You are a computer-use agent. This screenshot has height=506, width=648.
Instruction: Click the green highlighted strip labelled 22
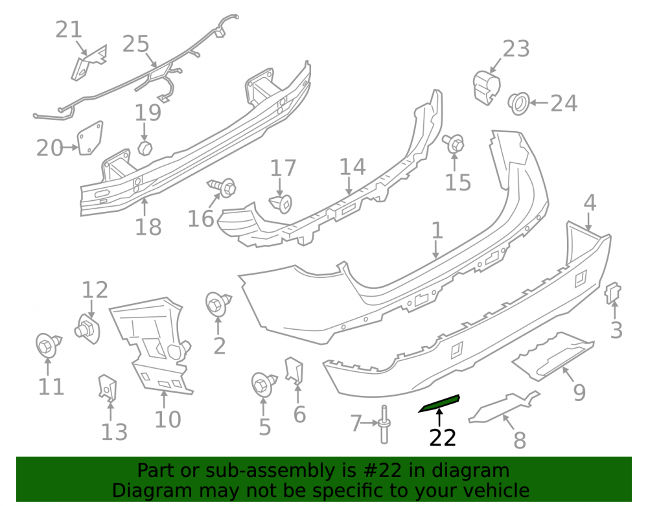click(x=439, y=403)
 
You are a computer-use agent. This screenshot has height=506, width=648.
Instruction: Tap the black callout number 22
click(x=443, y=437)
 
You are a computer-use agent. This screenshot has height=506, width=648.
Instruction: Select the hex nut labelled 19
click(x=145, y=148)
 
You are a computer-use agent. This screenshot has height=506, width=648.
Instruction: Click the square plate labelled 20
click(x=91, y=138)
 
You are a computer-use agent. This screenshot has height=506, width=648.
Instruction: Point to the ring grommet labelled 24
click(x=518, y=104)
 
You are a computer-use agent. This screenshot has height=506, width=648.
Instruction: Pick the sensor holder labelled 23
click(x=486, y=87)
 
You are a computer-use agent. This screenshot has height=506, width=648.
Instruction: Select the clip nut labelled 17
click(x=281, y=203)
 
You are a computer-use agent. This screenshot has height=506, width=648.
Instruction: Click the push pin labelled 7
click(x=384, y=424)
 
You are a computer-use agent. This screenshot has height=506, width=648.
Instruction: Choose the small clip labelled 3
click(x=613, y=293)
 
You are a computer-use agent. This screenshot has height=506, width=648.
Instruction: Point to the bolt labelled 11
click(x=49, y=345)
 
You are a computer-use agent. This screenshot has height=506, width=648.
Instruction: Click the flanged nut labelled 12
click(x=87, y=329)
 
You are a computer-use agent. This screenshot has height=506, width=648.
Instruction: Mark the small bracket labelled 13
click(x=108, y=387)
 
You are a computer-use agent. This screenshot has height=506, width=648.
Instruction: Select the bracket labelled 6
click(x=295, y=370)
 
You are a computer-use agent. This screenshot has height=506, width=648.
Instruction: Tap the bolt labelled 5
click(x=264, y=384)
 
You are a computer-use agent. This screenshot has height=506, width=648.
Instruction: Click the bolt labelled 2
click(x=218, y=304)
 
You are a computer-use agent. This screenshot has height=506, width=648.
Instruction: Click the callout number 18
click(x=148, y=227)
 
